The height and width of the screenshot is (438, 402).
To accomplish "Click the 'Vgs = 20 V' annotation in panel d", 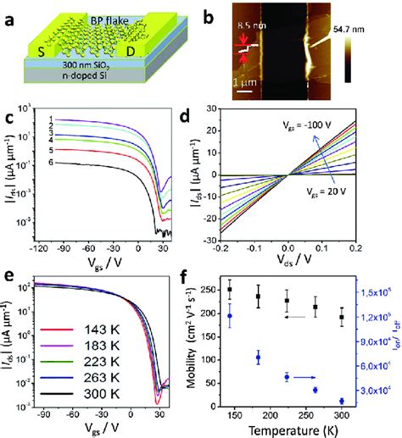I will pos(340,193).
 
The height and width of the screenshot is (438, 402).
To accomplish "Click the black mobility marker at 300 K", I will pos(342,318).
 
